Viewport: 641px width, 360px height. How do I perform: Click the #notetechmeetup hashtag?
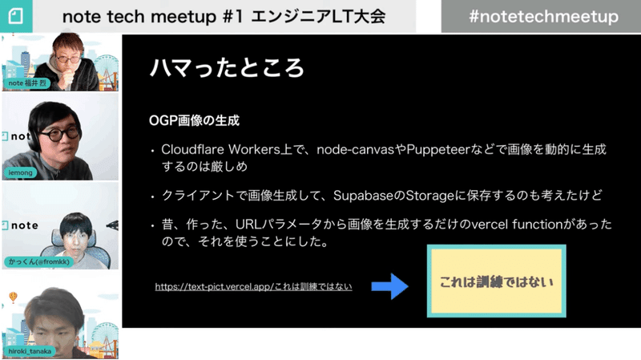point(543,17)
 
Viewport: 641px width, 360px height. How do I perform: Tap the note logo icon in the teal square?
point(15,16)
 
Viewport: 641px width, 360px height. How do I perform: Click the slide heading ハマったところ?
point(227,67)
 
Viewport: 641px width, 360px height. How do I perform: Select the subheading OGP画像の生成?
point(194,121)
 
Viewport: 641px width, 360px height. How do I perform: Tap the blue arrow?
point(389,286)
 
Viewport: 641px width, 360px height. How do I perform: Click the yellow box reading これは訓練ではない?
point(496,281)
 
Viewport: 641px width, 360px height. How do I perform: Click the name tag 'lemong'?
point(20,172)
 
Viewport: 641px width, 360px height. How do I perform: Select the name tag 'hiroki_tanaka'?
point(30,351)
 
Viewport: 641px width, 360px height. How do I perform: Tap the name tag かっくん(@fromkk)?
point(38,261)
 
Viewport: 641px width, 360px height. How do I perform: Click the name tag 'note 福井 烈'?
point(27,83)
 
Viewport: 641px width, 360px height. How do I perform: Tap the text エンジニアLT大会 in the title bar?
point(318,17)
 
